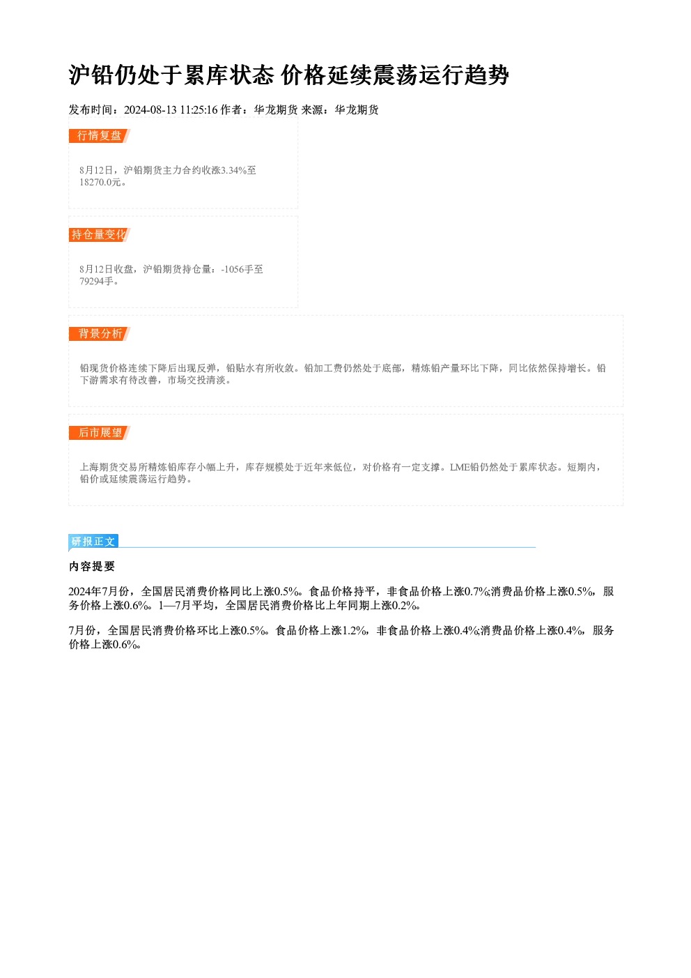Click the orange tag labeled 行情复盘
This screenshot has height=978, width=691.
[100, 136]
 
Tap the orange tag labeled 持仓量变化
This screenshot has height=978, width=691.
[100, 235]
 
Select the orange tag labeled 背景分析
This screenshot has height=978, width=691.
[100, 334]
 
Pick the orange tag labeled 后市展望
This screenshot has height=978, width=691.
[100, 433]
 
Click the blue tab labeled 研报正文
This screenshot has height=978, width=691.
[93, 542]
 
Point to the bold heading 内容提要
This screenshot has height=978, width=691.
[92, 567]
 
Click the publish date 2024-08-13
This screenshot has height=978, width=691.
[150, 110]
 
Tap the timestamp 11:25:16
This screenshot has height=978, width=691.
[199, 110]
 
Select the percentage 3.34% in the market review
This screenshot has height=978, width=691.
[234, 170]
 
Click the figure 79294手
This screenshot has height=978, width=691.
[96, 282]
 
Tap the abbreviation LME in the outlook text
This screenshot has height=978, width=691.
[460, 468]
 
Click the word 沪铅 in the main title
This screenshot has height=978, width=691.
[92, 75]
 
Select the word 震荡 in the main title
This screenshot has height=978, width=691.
[396, 75]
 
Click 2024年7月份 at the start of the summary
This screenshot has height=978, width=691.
[99, 592]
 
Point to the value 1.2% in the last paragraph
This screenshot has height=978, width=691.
[354, 630]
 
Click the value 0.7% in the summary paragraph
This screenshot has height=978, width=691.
[476, 592]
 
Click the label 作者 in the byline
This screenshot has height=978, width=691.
[231, 110]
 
